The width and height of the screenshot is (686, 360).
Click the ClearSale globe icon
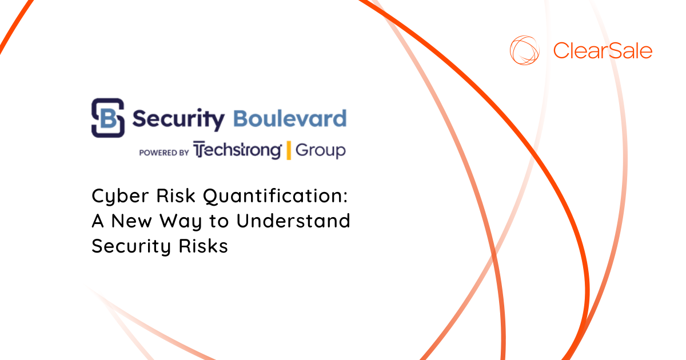pyautogui.click(x=524, y=50)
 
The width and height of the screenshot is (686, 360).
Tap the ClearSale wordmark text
pyautogui.click(x=603, y=50)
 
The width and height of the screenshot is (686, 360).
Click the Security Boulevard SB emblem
pyautogui.click(x=108, y=118)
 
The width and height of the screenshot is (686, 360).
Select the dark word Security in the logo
pyautogui.click(x=178, y=119)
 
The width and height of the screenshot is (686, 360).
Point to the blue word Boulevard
pyautogui.click(x=290, y=118)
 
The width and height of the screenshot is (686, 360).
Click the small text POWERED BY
pyautogui.click(x=164, y=153)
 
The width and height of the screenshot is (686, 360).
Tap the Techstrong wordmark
pyautogui.click(x=237, y=150)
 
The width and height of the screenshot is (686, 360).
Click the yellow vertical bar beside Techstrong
pyautogui.click(x=289, y=150)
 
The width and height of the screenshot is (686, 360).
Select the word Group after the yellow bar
pyautogui.click(x=321, y=151)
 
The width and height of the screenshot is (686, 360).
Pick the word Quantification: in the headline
pyautogui.click(x=276, y=197)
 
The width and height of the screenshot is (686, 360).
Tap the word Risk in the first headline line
pyautogui.click(x=176, y=195)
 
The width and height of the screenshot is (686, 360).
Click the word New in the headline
pyautogui.click(x=131, y=221)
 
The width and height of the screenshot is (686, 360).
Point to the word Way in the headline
pyautogui.click(x=181, y=222)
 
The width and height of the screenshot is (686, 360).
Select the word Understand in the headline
pyautogui.click(x=293, y=221)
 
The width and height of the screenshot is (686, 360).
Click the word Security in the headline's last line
pyautogui.click(x=131, y=246)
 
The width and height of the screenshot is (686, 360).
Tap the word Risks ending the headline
pyautogui.click(x=204, y=246)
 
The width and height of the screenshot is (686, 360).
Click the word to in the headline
pyautogui.click(x=220, y=221)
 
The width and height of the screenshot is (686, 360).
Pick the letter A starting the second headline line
pyautogui.click(x=98, y=221)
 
